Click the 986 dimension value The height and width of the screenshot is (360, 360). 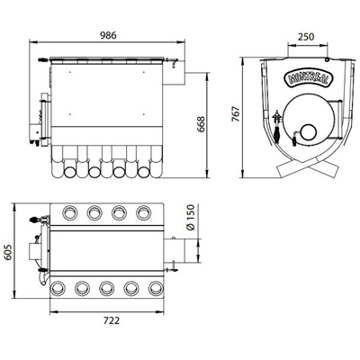(x=108, y=35)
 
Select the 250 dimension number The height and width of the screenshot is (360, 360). (x=306, y=37)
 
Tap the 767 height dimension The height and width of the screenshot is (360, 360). (x=237, y=113)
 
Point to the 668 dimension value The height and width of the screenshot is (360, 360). (x=201, y=124)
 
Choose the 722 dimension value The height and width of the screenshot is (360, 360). (x=112, y=320)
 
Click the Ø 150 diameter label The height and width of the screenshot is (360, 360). (x=190, y=217)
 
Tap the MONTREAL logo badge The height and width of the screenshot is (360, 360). (x=308, y=78)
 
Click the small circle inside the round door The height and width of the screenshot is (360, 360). (x=308, y=132)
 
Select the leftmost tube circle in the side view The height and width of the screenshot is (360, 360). (x=70, y=172)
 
